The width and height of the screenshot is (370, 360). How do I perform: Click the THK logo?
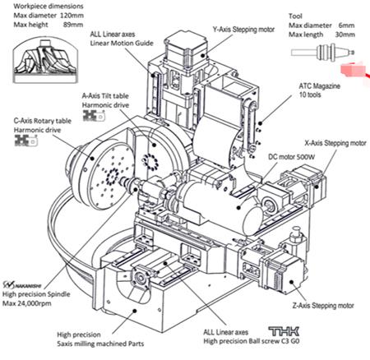coord(284,331)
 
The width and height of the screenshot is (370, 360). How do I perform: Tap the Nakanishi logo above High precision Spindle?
coord(22,285)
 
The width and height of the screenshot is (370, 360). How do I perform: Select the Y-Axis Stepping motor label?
coord(243,30)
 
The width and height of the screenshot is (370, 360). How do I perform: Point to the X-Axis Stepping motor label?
coord(335,143)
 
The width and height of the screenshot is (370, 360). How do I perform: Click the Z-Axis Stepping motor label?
coord(323,305)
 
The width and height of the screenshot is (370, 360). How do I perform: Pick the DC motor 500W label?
coord(292,157)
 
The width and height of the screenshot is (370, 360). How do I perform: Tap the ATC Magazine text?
coord(319,86)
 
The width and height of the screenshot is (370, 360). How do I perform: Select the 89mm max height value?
coord(73,25)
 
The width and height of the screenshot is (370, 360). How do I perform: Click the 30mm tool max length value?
coord(345,35)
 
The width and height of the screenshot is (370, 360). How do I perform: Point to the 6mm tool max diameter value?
coord(346,25)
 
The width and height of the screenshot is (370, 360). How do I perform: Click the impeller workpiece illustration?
coord(45,60)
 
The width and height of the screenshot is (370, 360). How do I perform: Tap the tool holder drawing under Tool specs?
coord(323,52)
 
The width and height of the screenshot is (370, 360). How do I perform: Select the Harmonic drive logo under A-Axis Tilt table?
coord(94,116)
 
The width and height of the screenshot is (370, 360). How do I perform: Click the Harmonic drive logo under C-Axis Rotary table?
coord(25,141)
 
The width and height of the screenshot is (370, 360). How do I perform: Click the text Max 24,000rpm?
coord(27,303)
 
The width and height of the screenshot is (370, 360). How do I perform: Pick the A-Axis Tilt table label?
coord(105,96)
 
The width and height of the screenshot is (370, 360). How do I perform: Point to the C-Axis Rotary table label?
coord(43,121)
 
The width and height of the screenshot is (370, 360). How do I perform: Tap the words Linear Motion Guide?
coord(122,43)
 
